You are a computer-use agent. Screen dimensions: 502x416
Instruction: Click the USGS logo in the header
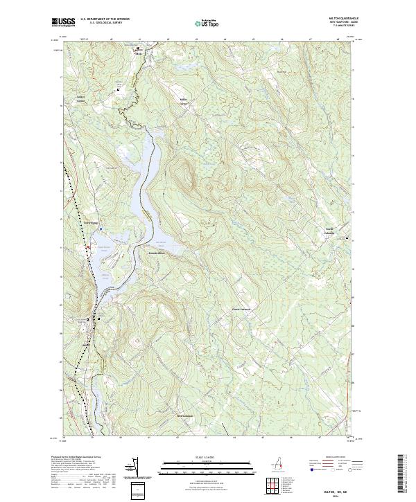click(x=63, y=22)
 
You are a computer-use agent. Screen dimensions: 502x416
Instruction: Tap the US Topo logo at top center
click(x=207, y=23)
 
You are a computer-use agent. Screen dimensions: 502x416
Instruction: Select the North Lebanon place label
click(x=327, y=232)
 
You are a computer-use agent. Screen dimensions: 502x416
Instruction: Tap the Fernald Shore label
click(x=158, y=253)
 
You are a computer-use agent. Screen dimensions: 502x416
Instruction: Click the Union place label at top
click(x=138, y=52)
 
